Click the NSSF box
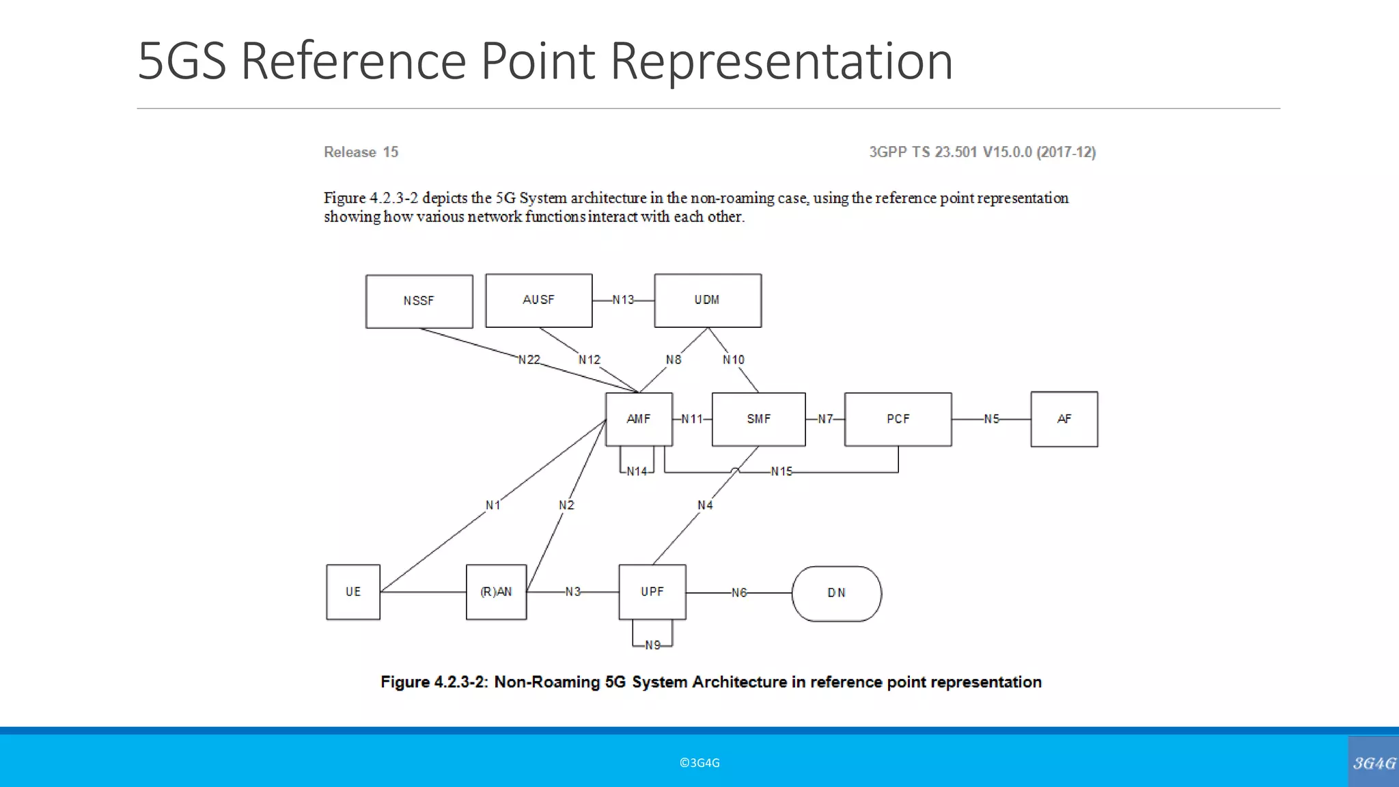pos(419,301)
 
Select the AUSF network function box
pos(538,301)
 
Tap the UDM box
pos(707,301)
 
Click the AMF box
pos(639,419)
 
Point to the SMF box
pos(758,419)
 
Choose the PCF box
pos(898,419)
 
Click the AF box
pos(1064,419)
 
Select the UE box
pos(352,592)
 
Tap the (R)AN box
pos(496,592)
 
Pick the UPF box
pos(652,592)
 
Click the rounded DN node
pos(836,593)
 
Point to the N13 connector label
pos(623,300)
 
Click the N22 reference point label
pos(529,359)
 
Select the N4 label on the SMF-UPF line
pos(705,505)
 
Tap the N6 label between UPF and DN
pos(739,593)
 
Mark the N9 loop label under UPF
pos(652,645)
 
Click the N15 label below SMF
pos(781,471)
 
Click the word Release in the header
pos(350,152)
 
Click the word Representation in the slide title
pos(781,61)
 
